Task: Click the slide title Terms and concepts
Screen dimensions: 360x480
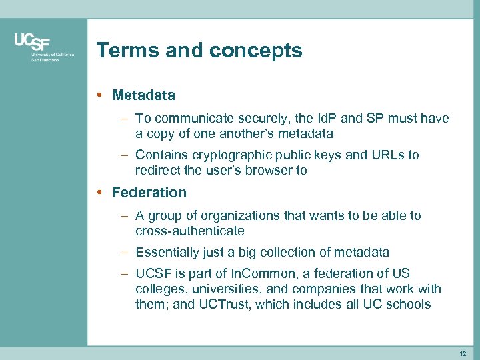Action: click(x=199, y=50)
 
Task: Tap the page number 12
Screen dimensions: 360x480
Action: click(x=463, y=353)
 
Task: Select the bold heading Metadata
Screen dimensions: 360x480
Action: click(x=143, y=95)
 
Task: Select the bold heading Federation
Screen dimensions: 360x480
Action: click(x=149, y=193)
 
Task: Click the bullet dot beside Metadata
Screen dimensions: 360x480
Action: click(x=99, y=95)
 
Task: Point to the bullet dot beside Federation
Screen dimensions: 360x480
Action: click(x=99, y=193)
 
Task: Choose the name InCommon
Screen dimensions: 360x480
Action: click(x=258, y=274)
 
